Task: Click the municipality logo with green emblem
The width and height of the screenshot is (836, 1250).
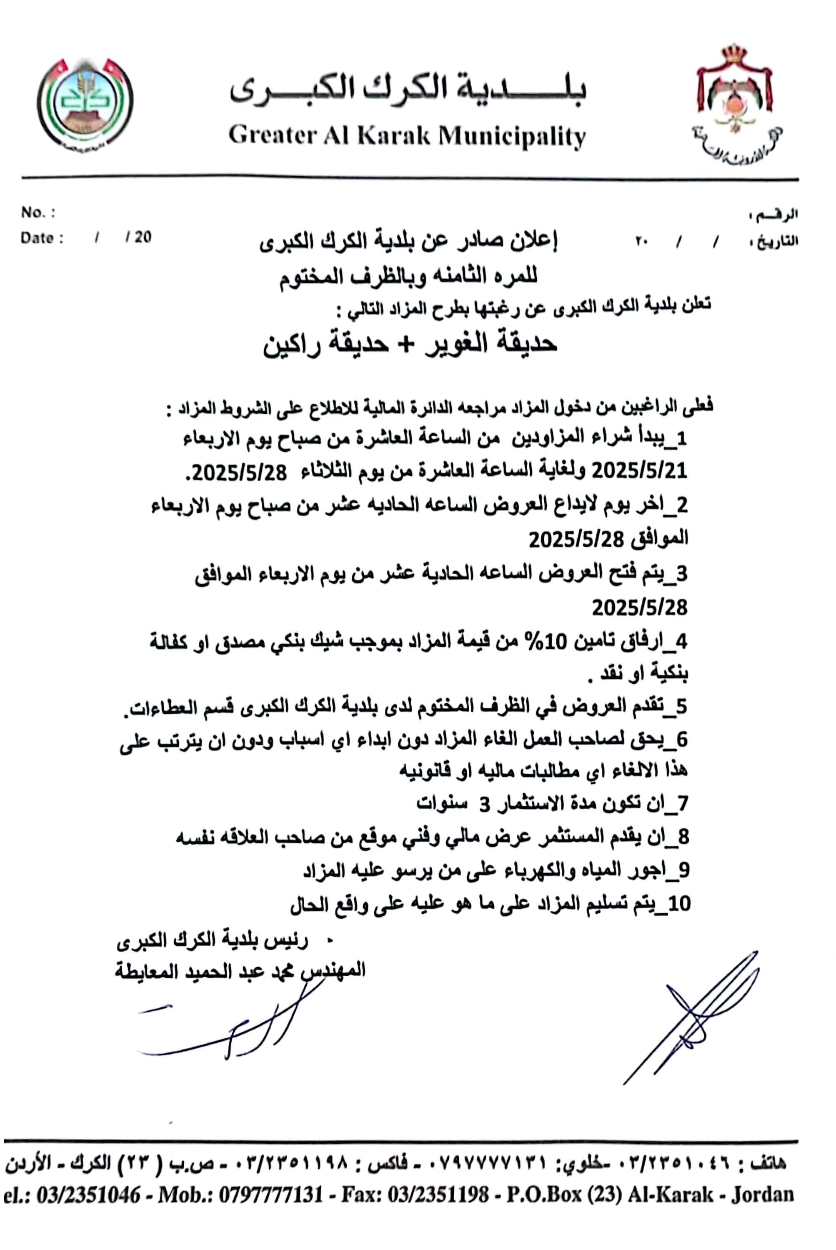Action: click(85, 104)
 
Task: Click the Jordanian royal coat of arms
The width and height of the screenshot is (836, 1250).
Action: click(736, 104)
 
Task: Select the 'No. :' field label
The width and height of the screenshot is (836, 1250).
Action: click(38, 212)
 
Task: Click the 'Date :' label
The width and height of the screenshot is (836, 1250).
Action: click(42, 238)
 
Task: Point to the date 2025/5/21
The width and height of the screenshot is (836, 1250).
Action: click(639, 471)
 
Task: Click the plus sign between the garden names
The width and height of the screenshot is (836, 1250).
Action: click(406, 344)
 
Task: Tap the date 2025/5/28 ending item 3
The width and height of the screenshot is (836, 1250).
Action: click(639, 607)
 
